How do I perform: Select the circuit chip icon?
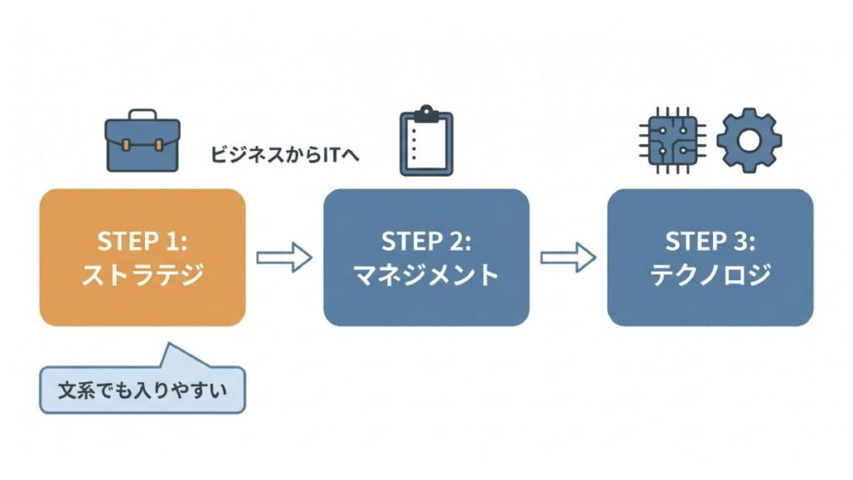(671, 140)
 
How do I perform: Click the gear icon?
(748, 140)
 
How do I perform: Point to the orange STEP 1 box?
(142, 257)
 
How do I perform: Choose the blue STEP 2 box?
(426, 257)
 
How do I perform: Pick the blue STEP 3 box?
(710, 257)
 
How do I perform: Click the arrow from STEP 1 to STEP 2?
(283, 257)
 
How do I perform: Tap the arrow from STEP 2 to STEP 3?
(568, 257)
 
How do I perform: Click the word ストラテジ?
(142, 276)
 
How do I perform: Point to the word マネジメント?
(426, 276)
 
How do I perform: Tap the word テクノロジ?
(710, 276)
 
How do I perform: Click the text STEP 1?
(142, 241)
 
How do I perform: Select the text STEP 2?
(426, 241)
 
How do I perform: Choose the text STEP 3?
(710, 241)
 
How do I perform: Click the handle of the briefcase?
(142, 114)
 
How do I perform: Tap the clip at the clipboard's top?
(426, 112)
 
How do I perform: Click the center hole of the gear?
(748, 140)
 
